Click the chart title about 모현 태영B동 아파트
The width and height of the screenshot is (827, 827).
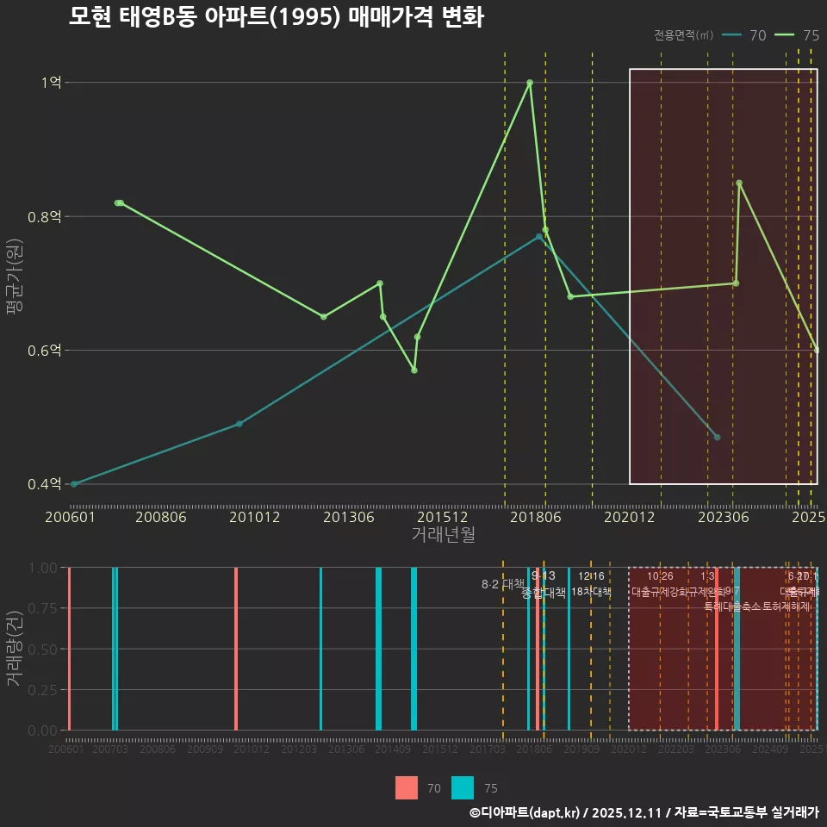pyautogui.click(x=276, y=17)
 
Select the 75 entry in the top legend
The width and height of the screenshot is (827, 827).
pyautogui.click(x=797, y=35)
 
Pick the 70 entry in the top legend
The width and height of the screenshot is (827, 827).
pyautogui.click(x=745, y=35)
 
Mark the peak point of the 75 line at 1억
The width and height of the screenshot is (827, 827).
pyautogui.click(x=530, y=83)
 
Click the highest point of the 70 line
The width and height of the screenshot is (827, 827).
pyautogui.click(x=539, y=236)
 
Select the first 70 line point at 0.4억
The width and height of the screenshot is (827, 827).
pyautogui.click(x=74, y=484)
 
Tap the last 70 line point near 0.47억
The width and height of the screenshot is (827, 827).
pyautogui.click(x=717, y=438)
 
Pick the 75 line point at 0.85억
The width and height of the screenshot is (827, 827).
pyautogui.click(x=739, y=183)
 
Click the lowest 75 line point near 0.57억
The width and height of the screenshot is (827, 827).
pyautogui.click(x=414, y=370)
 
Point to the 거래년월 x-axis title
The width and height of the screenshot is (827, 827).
pyautogui.click(x=443, y=534)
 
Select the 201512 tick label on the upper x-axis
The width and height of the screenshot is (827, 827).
pyautogui.click(x=443, y=517)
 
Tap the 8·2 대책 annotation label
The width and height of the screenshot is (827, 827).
pyautogui.click(x=502, y=584)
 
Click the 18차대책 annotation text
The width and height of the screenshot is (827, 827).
pyautogui.click(x=591, y=592)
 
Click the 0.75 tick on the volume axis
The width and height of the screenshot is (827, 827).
pyautogui.click(x=43, y=608)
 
